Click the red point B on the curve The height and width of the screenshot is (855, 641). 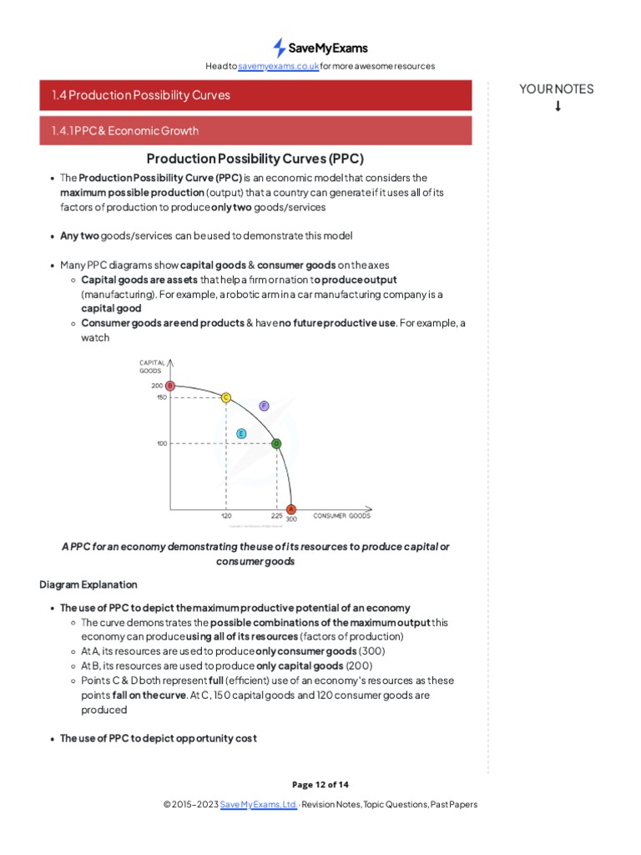(169, 386)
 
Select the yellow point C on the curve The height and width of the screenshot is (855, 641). (225, 397)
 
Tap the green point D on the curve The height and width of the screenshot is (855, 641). (276, 443)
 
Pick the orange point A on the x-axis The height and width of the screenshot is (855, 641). (290, 509)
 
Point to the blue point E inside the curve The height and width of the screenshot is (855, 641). (241, 433)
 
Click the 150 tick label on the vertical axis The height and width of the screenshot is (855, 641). (161, 397)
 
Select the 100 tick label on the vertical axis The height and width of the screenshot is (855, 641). (161, 443)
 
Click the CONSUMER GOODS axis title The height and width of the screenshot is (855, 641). (341, 516)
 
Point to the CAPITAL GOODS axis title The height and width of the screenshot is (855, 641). (151, 366)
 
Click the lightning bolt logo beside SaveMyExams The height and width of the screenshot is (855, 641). (280, 48)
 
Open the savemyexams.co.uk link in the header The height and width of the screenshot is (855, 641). (278, 66)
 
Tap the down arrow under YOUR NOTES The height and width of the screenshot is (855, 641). (557, 106)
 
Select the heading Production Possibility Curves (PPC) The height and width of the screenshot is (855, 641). (255, 159)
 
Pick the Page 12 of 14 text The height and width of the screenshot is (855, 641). (320, 784)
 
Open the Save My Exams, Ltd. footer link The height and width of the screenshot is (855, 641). (258, 804)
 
